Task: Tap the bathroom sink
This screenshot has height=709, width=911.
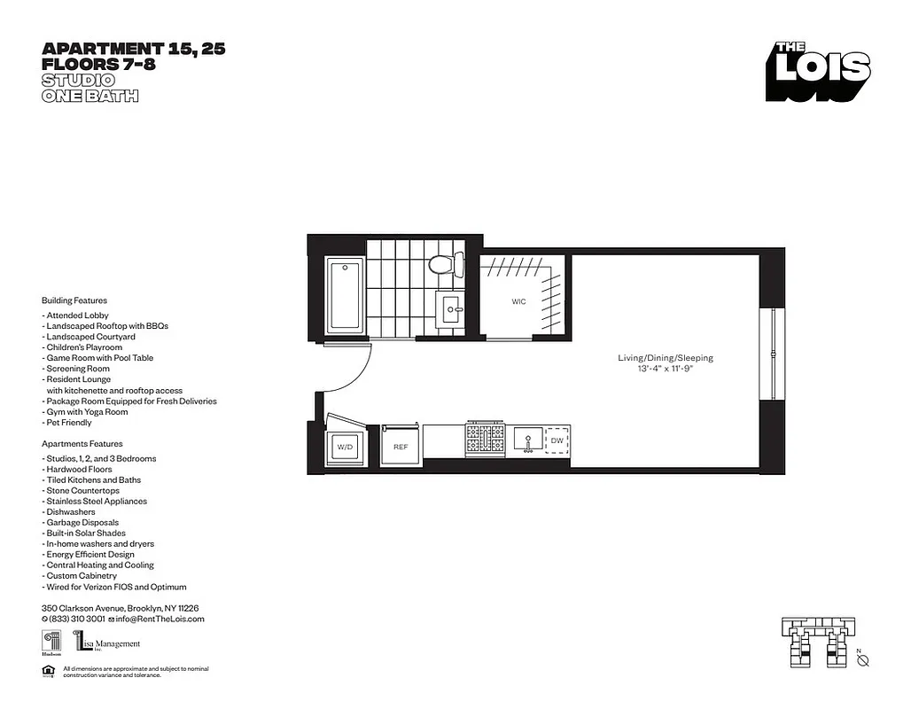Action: tap(453, 310)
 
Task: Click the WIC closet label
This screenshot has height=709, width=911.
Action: tap(518, 302)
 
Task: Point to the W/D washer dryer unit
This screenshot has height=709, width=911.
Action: tap(344, 448)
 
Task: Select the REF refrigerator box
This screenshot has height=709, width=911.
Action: tap(401, 448)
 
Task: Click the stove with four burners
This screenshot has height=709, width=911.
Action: tap(486, 438)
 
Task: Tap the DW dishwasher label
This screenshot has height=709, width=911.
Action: tap(557, 440)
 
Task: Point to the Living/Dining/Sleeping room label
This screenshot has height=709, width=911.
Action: tap(666, 358)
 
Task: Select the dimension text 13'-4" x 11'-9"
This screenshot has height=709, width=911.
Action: tap(666, 369)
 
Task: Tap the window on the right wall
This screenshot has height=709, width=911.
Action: tap(774, 354)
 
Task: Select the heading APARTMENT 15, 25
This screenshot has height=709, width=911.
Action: tap(133, 50)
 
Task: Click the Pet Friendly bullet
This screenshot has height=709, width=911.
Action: tap(68, 423)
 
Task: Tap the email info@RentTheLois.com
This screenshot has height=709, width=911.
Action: tap(160, 619)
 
